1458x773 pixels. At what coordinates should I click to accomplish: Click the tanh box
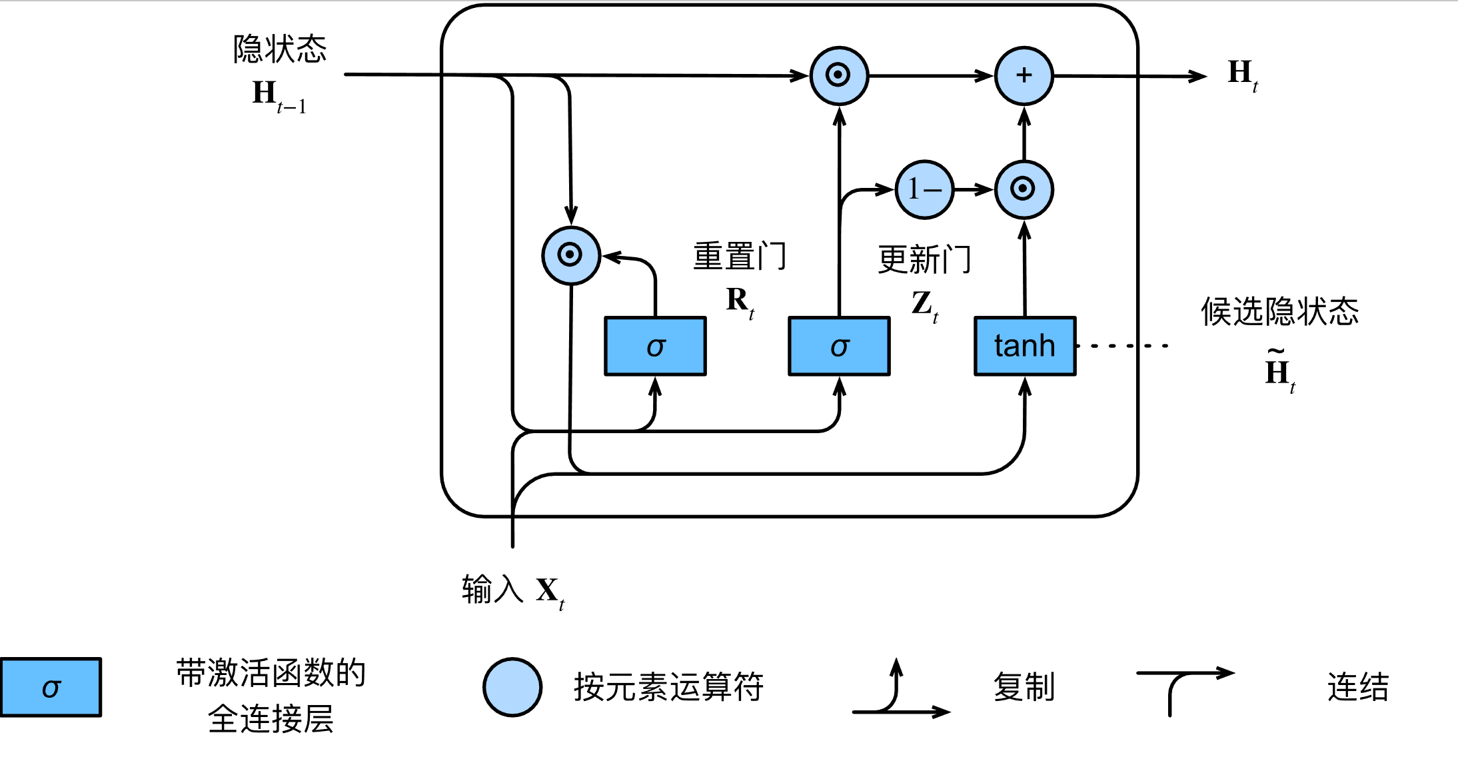(1025, 346)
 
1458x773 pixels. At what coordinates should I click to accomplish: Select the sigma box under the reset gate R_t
(655, 346)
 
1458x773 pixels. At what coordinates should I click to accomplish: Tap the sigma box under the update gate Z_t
(839, 346)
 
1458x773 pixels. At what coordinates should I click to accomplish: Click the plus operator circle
(1024, 75)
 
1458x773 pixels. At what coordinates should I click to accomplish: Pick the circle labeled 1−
(924, 190)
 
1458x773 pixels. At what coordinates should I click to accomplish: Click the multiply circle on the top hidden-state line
(839, 75)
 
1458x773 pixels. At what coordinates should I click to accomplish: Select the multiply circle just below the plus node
(1024, 189)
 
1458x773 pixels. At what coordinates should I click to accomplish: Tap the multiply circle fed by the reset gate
(571, 255)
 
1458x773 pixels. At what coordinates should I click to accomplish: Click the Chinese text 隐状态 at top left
(280, 49)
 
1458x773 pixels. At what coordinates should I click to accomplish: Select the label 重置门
(740, 257)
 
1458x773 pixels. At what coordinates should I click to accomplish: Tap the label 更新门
(924, 259)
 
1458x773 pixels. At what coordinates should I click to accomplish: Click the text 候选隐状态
(1279, 311)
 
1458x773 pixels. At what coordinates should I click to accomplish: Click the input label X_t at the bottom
(550, 591)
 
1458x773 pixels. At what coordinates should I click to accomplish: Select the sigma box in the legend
(51, 687)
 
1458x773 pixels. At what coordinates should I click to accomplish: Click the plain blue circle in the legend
(512, 687)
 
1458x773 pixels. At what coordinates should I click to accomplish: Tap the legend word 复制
(1024, 687)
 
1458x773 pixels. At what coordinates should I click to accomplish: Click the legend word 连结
(1357, 687)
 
